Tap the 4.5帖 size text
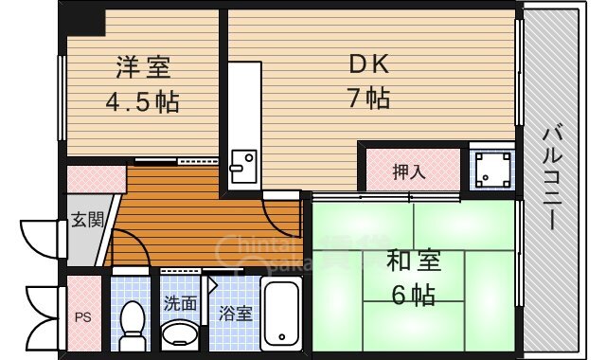(144, 99)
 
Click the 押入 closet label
(409, 171)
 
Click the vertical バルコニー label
(548, 180)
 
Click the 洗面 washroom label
(180, 303)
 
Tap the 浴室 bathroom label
(235, 312)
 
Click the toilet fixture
(133, 322)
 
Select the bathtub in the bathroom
(282, 313)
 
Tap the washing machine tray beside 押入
(492, 171)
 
